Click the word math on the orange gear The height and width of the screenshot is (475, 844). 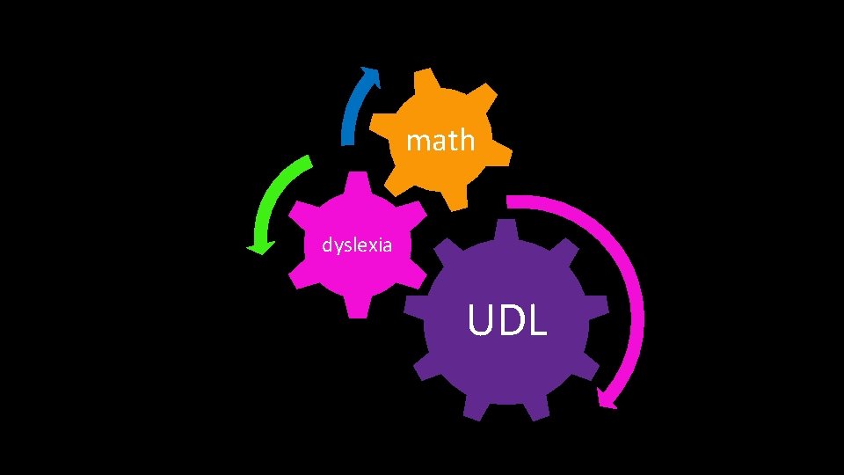pyautogui.click(x=440, y=140)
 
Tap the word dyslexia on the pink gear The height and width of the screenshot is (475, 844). pyautogui.click(x=356, y=245)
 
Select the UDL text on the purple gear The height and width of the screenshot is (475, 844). pyautogui.click(x=507, y=321)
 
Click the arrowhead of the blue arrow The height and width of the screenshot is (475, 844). pyautogui.click(x=372, y=77)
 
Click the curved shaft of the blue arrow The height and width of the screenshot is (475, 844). pyautogui.click(x=352, y=114)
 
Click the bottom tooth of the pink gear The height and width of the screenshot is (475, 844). pyautogui.click(x=356, y=307)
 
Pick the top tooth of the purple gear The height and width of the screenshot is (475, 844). pyautogui.click(x=506, y=230)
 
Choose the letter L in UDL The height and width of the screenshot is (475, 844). pyautogui.click(x=537, y=321)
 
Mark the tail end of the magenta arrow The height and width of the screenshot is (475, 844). pyautogui.click(x=512, y=202)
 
